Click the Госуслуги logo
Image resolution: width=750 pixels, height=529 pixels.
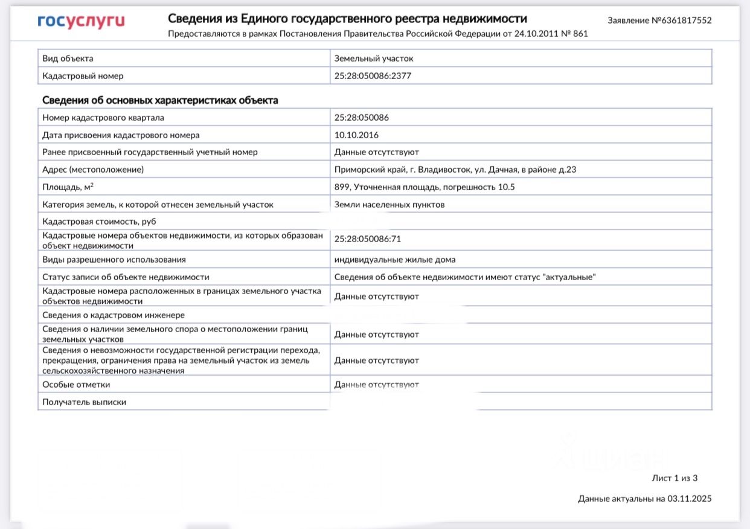coord(81,22)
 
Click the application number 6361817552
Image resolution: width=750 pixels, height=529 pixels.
coord(682,21)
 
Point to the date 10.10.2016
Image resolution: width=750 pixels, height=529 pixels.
coord(356,135)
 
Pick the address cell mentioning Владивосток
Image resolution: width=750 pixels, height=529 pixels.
coord(455,170)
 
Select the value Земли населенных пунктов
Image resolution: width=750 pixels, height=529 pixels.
coord(389,205)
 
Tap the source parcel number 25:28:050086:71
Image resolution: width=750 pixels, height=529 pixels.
coord(368,239)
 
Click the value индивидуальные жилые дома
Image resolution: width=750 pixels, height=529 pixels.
coord(395,260)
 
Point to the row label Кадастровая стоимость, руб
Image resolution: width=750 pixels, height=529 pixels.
coord(95,222)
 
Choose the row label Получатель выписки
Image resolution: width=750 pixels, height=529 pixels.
coord(85,402)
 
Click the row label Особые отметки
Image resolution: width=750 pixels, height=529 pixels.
coord(76,385)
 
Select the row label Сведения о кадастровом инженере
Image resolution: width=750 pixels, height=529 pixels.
coord(114,315)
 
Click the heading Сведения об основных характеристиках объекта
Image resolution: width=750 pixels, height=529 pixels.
coord(160,100)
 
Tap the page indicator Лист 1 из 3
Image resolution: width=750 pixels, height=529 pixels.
coord(675,478)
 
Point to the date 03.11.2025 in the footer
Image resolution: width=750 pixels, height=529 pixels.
coord(690,499)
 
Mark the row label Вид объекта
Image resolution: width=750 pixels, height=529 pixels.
coord(68,59)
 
